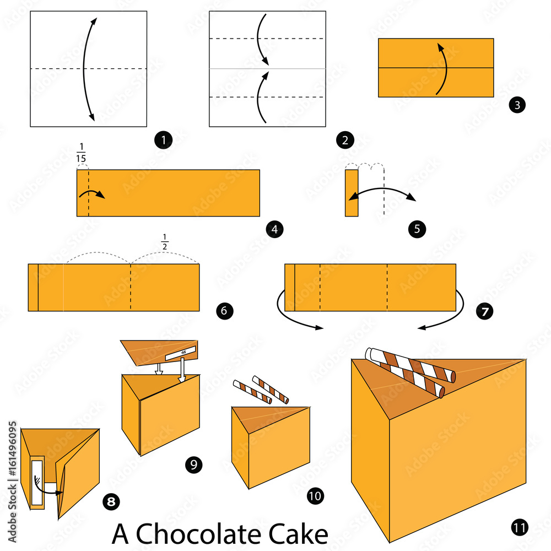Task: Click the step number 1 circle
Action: click(164, 141)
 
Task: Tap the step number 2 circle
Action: click(344, 141)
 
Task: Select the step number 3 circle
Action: click(517, 105)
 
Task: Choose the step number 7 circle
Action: click(484, 311)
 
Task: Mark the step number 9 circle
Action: click(193, 464)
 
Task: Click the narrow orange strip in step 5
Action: click(352, 193)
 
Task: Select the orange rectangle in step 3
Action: click(435, 67)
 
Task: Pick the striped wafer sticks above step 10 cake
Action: click(262, 390)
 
